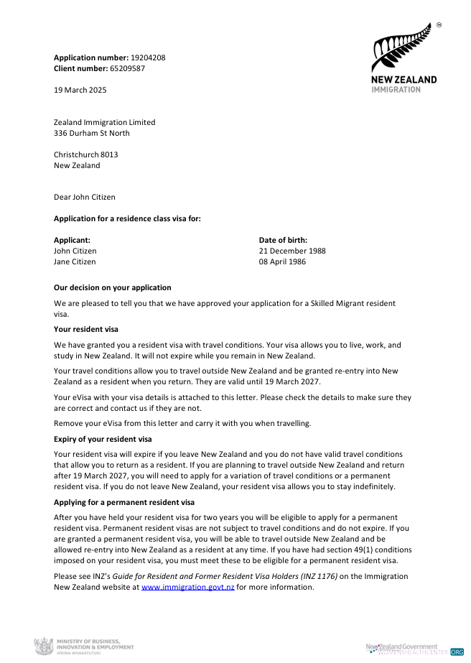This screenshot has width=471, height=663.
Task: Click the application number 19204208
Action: point(148,57)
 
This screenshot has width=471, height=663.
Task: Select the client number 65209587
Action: point(127,68)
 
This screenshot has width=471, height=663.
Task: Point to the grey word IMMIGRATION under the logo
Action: point(396,90)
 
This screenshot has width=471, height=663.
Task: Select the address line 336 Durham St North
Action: point(92,133)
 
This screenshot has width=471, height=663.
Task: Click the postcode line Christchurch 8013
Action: point(86,154)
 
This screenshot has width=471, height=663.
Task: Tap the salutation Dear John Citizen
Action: point(84,197)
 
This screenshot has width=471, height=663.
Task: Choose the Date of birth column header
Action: point(283,240)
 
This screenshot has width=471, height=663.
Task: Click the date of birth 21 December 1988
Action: point(292,251)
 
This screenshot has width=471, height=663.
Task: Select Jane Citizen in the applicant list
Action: point(75,261)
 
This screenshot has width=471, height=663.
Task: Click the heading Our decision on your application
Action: point(113,287)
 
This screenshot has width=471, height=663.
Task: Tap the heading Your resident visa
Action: point(86,329)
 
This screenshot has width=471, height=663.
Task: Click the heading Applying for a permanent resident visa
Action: point(124,502)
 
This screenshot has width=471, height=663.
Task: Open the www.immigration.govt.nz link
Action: point(188,587)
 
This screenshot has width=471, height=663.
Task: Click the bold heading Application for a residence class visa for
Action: point(127,218)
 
